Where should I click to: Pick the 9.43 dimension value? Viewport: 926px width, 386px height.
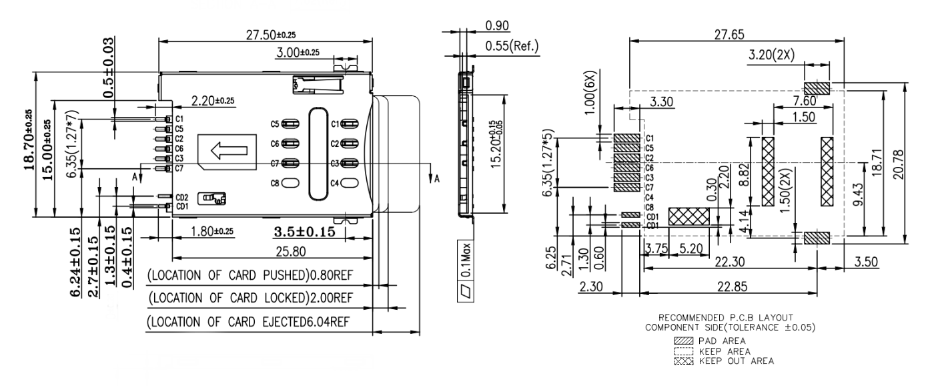[867, 196]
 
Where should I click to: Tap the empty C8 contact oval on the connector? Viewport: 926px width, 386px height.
[290, 182]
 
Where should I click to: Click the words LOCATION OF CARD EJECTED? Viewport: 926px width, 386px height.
[233, 324]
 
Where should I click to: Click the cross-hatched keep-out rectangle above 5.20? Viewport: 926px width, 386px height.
[688, 216]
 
